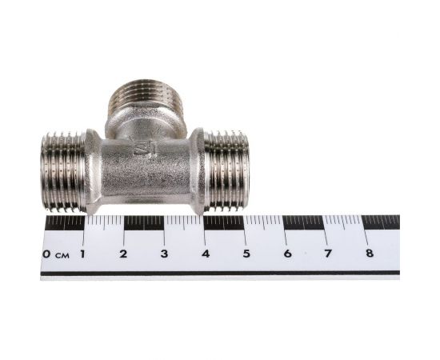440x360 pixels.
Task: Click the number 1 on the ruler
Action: click(83, 254)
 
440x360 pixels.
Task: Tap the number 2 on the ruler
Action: click(123, 254)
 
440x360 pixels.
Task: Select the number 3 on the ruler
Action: click(164, 254)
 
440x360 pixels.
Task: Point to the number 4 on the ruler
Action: click(206, 254)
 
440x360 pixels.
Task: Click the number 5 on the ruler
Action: click(246, 254)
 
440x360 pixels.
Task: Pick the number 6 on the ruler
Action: click(287, 254)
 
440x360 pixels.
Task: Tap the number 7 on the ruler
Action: click(328, 254)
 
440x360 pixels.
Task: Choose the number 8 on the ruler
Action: click(369, 254)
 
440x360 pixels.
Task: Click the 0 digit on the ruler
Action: click(47, 254)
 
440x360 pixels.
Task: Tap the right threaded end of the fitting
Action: click(228, 170)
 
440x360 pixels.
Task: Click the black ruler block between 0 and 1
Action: click(64, 222)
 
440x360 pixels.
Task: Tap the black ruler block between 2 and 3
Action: click(144, 222)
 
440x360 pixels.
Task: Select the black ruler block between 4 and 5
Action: click(225, 222)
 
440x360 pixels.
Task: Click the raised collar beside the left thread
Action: click(93, 172)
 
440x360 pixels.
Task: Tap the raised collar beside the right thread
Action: click(197, 170)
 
